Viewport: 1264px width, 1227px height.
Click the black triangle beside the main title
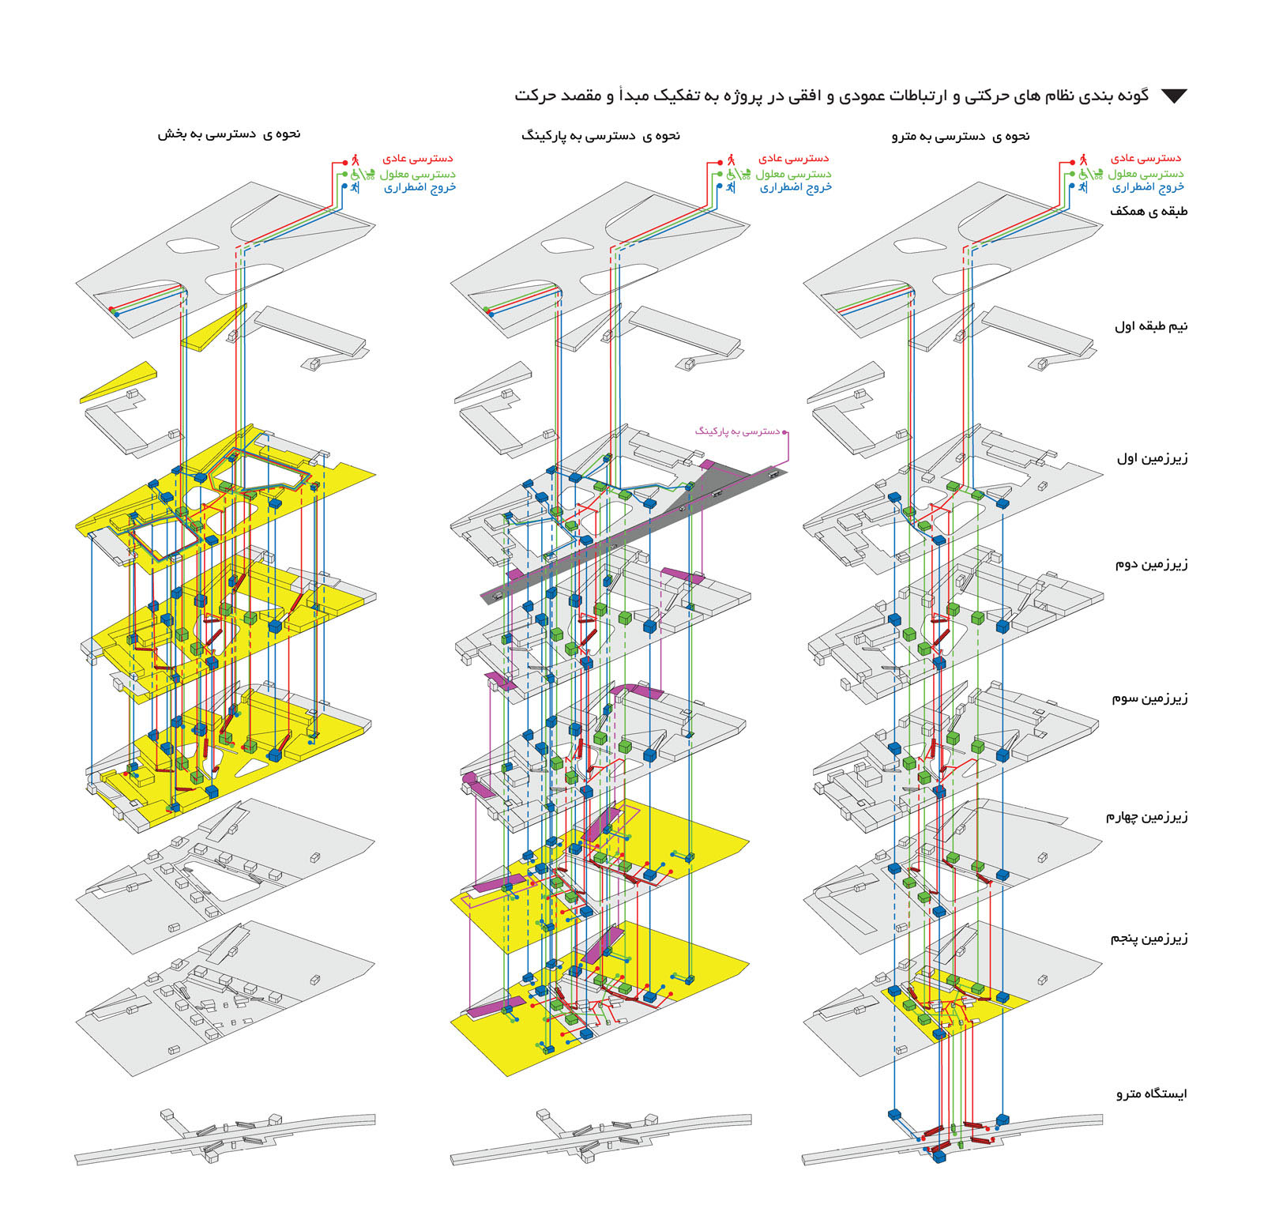tap(1174, 96)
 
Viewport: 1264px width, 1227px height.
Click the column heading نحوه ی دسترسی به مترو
tap(961, 137)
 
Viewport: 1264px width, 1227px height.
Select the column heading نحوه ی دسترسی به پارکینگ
tap(600, 136)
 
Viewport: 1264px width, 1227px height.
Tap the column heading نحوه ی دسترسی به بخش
tap(229, 134)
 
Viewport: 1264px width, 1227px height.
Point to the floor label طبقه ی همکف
tap(1149, 212)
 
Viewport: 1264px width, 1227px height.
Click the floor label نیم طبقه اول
tap(1151, 326)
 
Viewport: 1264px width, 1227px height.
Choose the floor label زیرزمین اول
tap(1152, 458)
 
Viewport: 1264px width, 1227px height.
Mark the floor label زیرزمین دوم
tap(1151, 564)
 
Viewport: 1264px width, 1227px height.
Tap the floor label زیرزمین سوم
tap(1149, 698)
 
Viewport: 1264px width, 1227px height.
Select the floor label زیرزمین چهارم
tap(1146, 817)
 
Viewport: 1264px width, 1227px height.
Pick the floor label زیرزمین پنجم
tap(1149, 939)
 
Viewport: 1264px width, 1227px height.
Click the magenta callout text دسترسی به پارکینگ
tap(737, 431)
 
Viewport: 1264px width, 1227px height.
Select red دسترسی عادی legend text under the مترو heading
tap(1145, 159)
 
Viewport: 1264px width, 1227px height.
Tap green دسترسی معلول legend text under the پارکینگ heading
tap(793, 174)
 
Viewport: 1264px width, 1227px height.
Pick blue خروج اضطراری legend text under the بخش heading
tap(420, 188)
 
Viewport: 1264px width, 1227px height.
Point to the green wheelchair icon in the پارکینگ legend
tap(732, 173)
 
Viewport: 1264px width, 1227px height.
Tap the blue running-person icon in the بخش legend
tap(355, 187)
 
